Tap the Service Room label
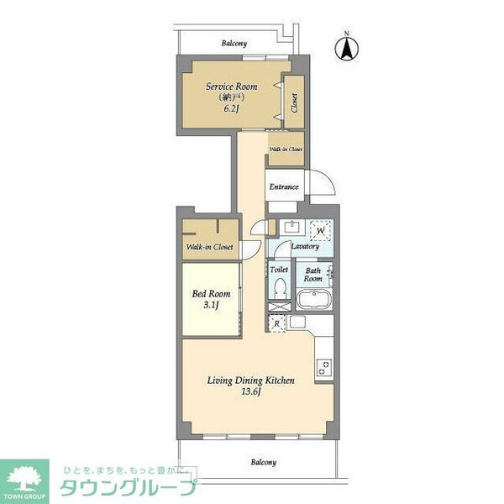(x=232, y=87)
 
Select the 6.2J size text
(x=232, y=108)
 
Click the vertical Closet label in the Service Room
(x=294, y=102)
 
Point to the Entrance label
(x=284, y=186)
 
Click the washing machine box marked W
(x=320, y=229)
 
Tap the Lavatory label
(x=304, y=246)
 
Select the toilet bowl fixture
(x=280, y=289)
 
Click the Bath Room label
(x=313, y=275)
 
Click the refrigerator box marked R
(x=277, y=323)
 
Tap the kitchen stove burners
(x=323, y=366)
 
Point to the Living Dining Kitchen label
(x=250, y=381)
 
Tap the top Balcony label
(x=234, y=43)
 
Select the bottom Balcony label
(x=263, y=462)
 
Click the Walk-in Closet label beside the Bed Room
(x=210, y=247)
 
